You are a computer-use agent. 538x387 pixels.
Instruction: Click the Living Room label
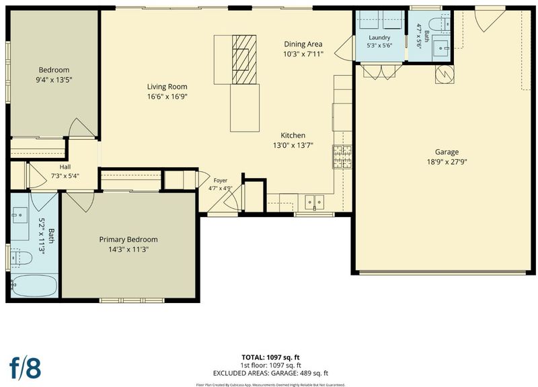pyautogui.click(x=167, y=87)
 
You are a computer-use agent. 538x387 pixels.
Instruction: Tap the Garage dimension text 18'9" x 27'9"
pyautogui.click(x=447, y=162)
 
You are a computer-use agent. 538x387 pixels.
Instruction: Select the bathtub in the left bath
pyautogui.click(x=34, y=286)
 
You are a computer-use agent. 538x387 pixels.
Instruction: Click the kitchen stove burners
pyautogui.click(x=342, y=157)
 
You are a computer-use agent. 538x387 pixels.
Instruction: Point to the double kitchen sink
pyautogui.click(x=315, y=202)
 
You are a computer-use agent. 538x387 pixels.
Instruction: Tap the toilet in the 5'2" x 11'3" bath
pyautogui.click(x=22, y=258)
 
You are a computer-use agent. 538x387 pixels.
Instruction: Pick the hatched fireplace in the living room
pyautogui.click(x=244, y=59)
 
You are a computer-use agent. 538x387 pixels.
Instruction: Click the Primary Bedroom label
pyautogui.click(x=128, y=240)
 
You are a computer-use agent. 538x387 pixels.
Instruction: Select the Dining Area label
pyautogui.click(x=303, y=44)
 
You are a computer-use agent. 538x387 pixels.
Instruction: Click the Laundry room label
pyautogui.click(x=379, y=38)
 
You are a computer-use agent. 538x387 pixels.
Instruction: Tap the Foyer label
pyautogui.click(x=221, y=180)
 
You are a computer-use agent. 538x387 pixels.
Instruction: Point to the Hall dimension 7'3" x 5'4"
pyautogui.click(x=65, y=176)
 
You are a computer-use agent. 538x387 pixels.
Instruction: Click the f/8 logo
pyautogui.click(x=25, y=368)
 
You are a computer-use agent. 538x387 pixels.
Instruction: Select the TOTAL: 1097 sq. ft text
pyautogui.click(x=271, y=357)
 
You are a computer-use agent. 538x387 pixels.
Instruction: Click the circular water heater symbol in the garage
pyautogui.click(x=445, y=74)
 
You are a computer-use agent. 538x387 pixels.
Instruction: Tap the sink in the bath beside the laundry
pyautogui.click(x=440, y=48)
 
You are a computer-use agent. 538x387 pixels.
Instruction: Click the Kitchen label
pyautogui.click(x=293, y=136)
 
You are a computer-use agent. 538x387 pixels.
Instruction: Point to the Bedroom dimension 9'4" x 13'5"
pyautogui.click(x=54, y=80)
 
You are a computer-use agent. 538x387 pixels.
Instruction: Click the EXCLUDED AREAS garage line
pyautogui.click(x=271, y=374)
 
